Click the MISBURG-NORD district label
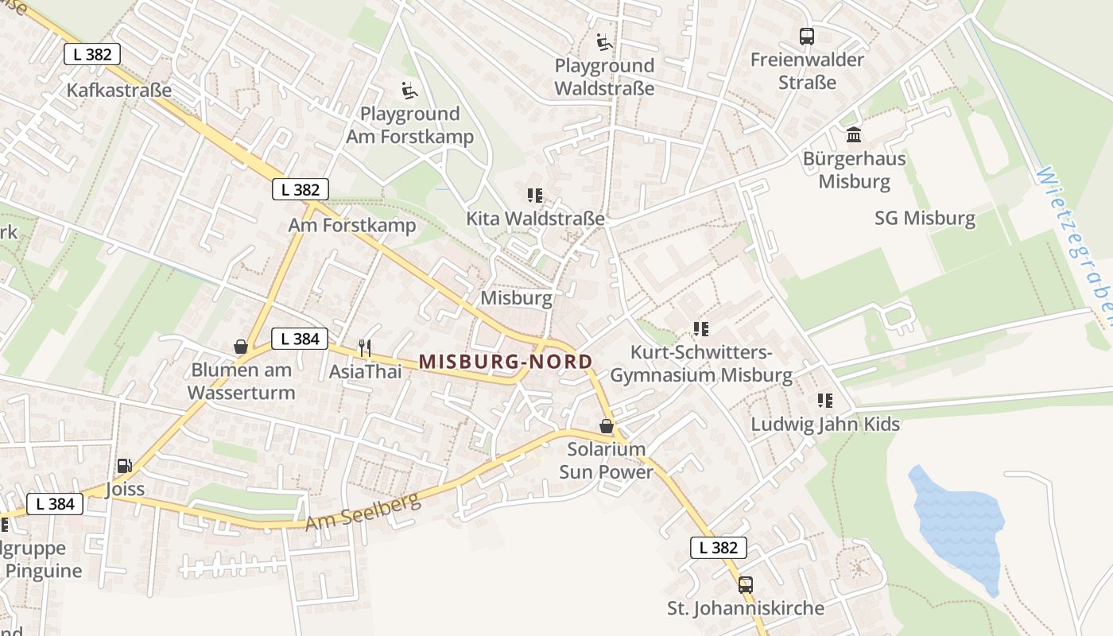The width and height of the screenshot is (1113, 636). point(506,362)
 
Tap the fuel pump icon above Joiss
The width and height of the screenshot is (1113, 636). point(124,466)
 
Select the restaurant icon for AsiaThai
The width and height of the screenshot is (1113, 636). point(365,347)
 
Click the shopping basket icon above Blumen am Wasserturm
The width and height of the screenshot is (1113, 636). point(241,347)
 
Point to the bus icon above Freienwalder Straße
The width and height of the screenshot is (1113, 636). point(807,37)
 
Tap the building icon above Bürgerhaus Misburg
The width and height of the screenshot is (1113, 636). point(854,135)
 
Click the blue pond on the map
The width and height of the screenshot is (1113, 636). point(959,525)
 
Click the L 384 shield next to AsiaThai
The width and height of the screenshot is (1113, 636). point(300,339)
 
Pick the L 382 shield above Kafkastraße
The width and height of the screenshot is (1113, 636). point(92,54)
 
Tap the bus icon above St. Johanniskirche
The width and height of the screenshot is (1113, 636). point(745,585)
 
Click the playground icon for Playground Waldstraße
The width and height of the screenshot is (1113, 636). point(604,42)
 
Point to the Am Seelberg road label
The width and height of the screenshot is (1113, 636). point(363,510)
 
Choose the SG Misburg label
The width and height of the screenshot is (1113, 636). point(925,218)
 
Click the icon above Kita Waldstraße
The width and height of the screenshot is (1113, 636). point(535,195)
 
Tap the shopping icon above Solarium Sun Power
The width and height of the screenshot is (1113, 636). point(607,427)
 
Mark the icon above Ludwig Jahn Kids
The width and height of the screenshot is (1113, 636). point(825,401)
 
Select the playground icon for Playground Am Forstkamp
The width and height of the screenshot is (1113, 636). point(409,91)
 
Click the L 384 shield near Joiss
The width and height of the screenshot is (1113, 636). point(55,503)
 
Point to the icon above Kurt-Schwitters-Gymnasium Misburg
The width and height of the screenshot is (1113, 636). point(700,328)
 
